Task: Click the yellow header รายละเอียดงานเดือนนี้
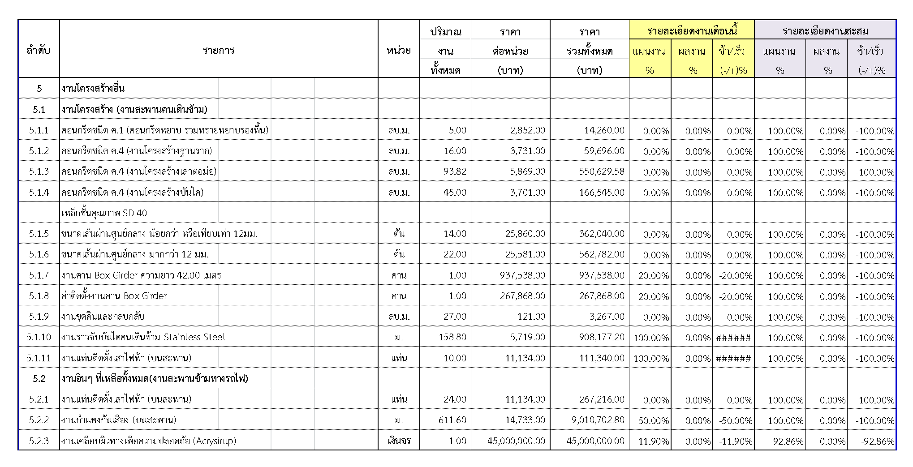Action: click(692, 30)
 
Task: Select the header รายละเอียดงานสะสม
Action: click(825, 30)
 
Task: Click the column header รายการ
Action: click(218, 50)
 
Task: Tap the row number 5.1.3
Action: click(39, 171)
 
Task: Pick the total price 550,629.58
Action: click(601, 171)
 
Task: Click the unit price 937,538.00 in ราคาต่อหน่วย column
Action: click(522, 275)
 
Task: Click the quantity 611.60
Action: click(452, 420)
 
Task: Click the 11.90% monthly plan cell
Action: click(653, 441)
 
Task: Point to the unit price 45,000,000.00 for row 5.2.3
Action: click(516, 441)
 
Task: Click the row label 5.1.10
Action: click(39, 337)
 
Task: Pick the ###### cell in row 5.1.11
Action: click(733, 358)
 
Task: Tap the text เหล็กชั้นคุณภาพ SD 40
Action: click(104, 213)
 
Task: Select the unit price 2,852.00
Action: click(527, 130)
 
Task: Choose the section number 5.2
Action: click(39, 379)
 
